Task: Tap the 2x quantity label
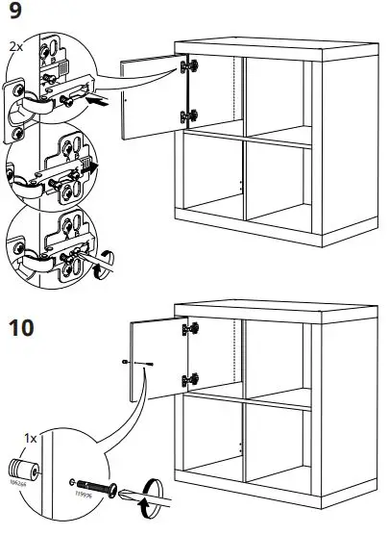coord(13,45)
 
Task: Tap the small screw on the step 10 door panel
coord(148,364)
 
